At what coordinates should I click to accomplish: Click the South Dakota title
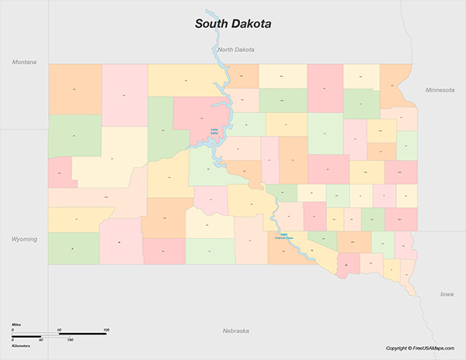(233, 24)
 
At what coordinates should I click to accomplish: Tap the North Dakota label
(236, 50)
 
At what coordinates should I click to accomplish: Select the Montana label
(25, 61)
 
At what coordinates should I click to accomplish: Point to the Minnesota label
(440, 90)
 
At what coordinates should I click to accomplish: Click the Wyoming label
(24, 239)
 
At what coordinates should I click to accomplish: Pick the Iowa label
(447, 294)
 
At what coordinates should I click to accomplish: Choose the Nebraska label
(235, 331)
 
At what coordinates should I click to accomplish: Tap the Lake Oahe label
(214, 130)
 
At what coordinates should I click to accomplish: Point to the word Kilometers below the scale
(21, 344)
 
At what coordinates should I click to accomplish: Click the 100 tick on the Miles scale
(106, 330)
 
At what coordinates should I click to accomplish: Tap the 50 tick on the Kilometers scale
(40, 340)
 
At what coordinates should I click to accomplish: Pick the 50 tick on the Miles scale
(59, 330)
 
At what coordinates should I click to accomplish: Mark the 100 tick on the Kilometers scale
(70, 340)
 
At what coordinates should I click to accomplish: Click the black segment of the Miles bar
(82, 334)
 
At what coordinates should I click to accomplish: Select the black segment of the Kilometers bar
(55, 336)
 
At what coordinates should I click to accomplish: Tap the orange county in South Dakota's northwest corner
(75, 89)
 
